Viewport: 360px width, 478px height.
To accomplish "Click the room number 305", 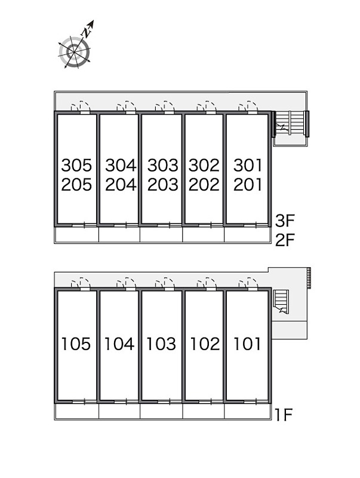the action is pos(76,166).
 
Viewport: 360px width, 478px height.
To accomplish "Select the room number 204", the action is pos(121,185).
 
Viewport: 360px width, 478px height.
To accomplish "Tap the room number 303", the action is pos(162,166).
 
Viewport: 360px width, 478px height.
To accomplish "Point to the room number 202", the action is pos(204,185).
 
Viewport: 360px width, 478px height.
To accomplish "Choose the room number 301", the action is pos(248,166).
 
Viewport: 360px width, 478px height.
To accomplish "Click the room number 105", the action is pos(76,344).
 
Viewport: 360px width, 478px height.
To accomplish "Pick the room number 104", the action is pos(119,344).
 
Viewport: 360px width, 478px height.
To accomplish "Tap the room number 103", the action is pos(161,344).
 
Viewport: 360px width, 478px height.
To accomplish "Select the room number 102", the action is pos(205,344).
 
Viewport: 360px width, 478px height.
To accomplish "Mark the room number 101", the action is pos(247,344).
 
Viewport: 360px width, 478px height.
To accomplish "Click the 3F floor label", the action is pos(285,220).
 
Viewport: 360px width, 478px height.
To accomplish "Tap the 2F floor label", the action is pos(285,240).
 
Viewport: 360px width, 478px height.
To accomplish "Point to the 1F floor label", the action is pos(283,414).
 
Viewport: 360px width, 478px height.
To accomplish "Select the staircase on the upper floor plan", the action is pos(290,124).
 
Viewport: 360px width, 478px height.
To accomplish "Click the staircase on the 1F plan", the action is pos(281,302).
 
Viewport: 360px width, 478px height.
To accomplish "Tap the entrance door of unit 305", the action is pos(81,108).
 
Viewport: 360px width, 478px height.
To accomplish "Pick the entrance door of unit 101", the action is pos(248,283).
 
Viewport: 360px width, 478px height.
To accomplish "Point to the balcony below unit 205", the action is pos(76,235).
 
